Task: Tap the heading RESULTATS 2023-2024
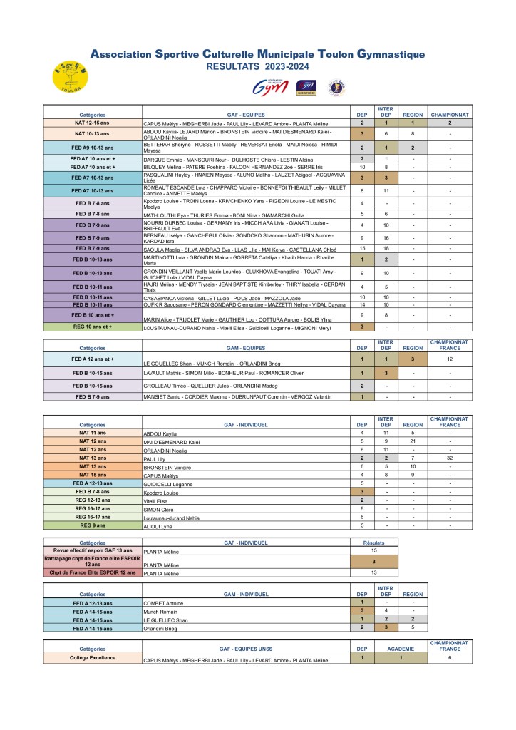[257, 66]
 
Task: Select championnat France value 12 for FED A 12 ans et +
[450, 359]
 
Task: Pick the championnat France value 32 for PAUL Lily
[450, 458]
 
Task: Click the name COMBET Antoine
[160, 603]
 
